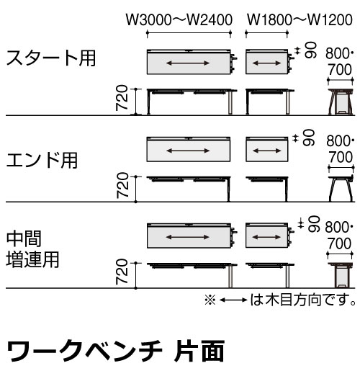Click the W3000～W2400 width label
pos(179,20)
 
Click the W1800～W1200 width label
pos(300,20)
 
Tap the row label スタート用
pos(51,58)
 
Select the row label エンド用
pos(42,160)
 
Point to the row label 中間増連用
pos(32,249)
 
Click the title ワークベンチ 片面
pos(115,351)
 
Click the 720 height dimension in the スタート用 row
pos(122,97)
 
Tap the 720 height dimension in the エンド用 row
pos(122,185)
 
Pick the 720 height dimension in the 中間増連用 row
pos(122,272)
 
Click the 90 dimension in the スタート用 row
pos(310,50)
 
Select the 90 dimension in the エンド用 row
pos(309,138)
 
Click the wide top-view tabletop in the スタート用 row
pos(189,62)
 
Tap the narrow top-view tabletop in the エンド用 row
pos(267,149)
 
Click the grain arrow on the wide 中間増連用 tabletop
pos(188,237)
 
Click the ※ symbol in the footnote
pos(210,300)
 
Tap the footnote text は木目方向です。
pos(303,300)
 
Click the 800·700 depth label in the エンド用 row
pos(340,149)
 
